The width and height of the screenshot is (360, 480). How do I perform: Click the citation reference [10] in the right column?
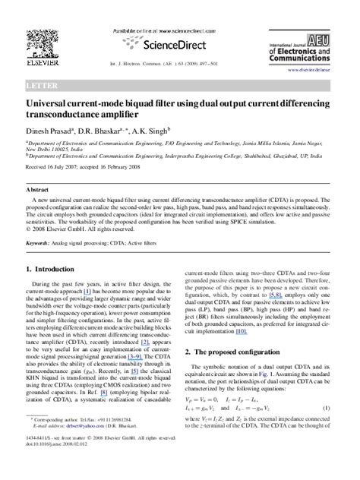tap(262, 332)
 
